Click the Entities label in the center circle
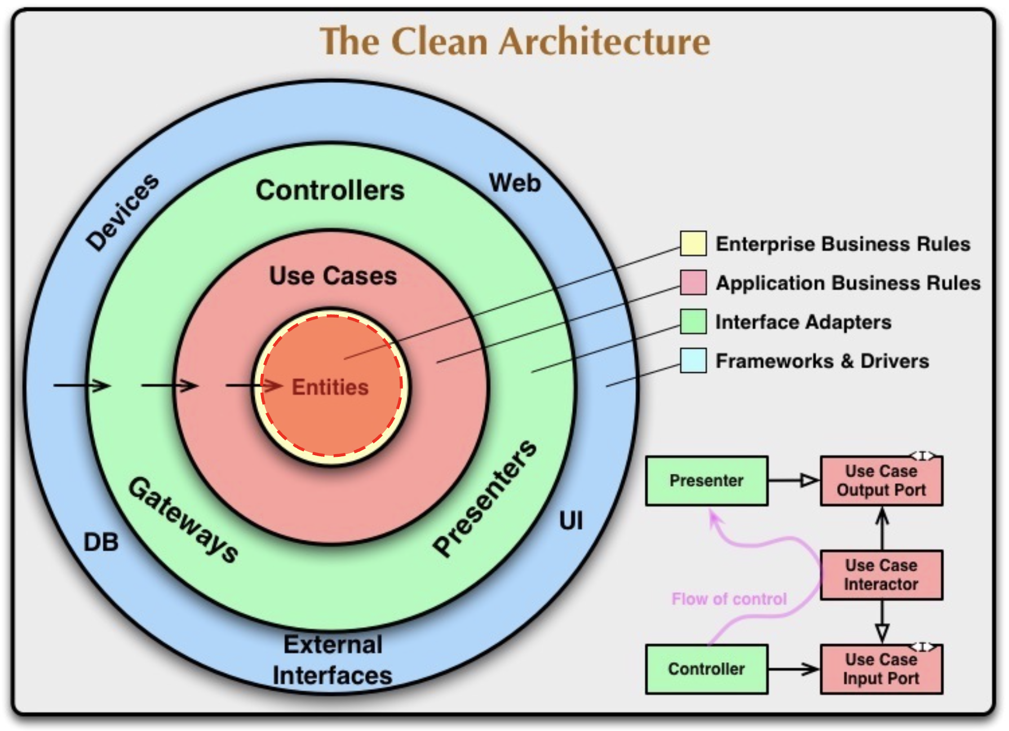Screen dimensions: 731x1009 point(330,387)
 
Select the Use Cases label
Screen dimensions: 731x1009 point(333,276)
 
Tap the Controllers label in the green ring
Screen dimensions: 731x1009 point(330,190)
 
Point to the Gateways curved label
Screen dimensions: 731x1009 point(184,519)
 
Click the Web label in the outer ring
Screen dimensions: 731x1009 point(515,183)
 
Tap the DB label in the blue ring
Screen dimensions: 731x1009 point(101,543)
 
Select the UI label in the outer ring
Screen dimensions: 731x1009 point(570,521)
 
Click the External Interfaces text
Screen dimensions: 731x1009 point(333,660)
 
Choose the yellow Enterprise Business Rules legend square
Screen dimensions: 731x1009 point(693,244)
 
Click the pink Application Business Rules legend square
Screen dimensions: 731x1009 point(693,283)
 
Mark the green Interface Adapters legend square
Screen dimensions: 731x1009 point(693,322)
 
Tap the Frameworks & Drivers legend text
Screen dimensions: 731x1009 point(822,361)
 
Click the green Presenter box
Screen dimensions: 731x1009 point(706,481)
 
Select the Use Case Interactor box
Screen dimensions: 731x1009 point(881,575)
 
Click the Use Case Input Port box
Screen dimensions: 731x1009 point(881,669)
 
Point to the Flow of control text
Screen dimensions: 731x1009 point(729,599)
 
